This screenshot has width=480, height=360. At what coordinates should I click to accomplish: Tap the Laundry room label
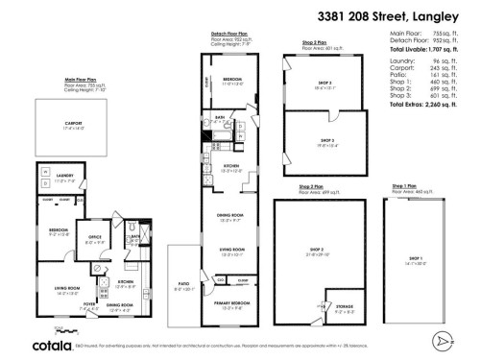tap(64, 176)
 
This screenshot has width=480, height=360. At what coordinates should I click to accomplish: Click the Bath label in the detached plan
tap(220, 120)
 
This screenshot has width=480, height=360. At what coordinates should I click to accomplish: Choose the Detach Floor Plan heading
tap(231, 34)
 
